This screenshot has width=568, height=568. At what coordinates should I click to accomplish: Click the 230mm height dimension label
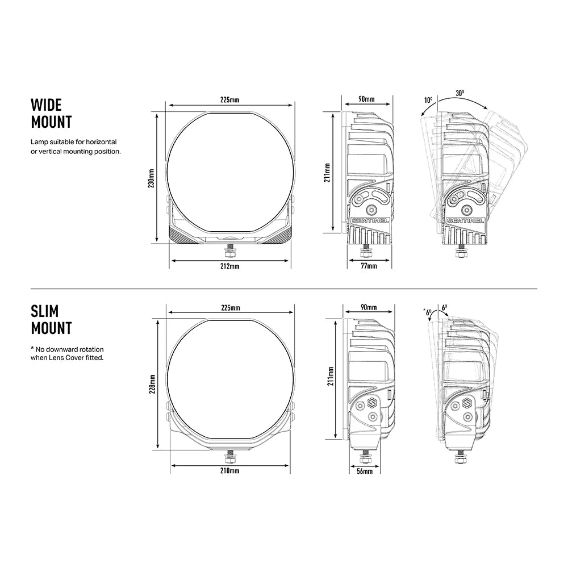[152, 178]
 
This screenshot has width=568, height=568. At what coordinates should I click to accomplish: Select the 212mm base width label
[230, 266]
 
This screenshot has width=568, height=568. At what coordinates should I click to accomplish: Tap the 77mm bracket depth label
[369, 266]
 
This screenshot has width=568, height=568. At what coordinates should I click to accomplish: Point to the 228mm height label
[152, 384]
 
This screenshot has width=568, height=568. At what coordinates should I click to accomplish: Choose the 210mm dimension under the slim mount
[230, 471]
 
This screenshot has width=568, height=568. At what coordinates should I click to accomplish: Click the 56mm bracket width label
[365, 471]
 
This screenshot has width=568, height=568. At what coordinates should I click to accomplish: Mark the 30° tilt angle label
[460, 93]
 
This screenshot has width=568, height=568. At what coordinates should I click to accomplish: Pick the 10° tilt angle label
[428, 100]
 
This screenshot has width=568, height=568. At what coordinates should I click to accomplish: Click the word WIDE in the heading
[46, 105]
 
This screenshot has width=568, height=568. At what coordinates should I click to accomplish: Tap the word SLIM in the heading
[44, 311]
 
